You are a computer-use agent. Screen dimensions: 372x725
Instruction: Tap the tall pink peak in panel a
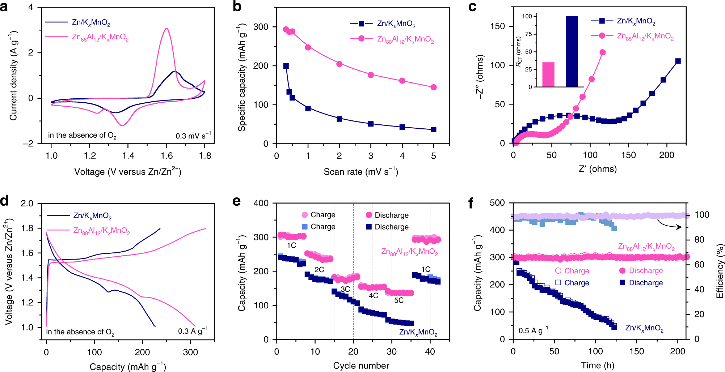[167, 29]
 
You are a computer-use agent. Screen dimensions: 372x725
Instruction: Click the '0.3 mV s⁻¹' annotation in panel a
[193, 136]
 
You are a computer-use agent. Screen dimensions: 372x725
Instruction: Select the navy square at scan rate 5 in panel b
[434, 129]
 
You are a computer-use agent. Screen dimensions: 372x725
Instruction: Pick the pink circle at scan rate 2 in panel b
[340, 64]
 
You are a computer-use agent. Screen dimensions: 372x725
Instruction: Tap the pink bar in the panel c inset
[548, 74]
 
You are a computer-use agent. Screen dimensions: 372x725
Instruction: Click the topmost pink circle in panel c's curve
[603, 52]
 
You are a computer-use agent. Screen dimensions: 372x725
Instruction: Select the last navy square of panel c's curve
[678, 61]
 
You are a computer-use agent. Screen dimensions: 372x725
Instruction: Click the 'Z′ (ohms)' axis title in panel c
[598, 169]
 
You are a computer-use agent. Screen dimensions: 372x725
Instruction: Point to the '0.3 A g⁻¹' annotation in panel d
[193, 331]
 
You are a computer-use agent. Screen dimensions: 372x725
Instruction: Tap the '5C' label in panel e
[399, 300]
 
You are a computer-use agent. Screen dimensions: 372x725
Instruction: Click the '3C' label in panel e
[345, 289]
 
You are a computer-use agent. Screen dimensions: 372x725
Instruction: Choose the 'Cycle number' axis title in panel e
[361, 365]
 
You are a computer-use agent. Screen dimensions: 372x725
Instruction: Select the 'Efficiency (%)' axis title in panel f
[720, 271]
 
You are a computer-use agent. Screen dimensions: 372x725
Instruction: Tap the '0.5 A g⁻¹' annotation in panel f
[533, 330]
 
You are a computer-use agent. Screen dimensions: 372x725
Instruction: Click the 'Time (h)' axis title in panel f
[598, 365]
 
